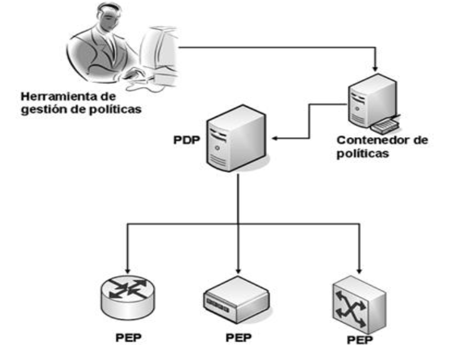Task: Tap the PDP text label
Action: tap(186, 138)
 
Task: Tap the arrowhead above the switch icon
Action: tap(361, 266)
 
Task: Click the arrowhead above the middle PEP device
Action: tap(238, 266)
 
